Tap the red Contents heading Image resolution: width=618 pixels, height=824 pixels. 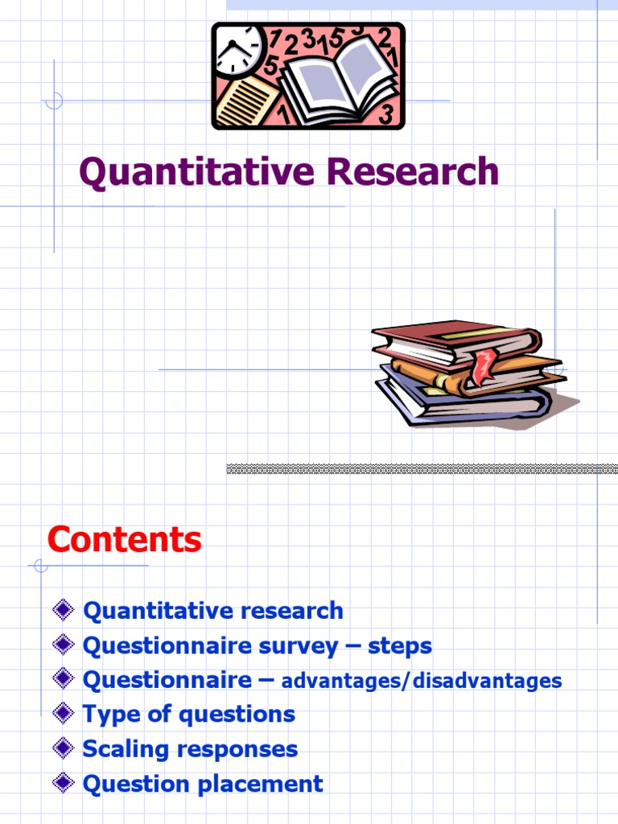pyautogui.click(x=124, y=539)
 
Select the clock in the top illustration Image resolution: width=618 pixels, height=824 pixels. pyautogui.click(x=239, y=49)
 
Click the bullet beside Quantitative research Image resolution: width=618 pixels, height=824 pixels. pyautogui.click(x=64, y=610)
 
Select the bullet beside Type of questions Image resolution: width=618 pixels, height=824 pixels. pyautogui.click(x=64, y=714)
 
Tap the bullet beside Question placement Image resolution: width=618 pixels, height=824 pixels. pyautogui.click(x=64, y=783)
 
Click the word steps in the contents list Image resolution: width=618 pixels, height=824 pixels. pyautogui.click(x=400, y=646)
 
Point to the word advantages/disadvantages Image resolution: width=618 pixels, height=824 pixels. pyautogui.click(x=421, y=681)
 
